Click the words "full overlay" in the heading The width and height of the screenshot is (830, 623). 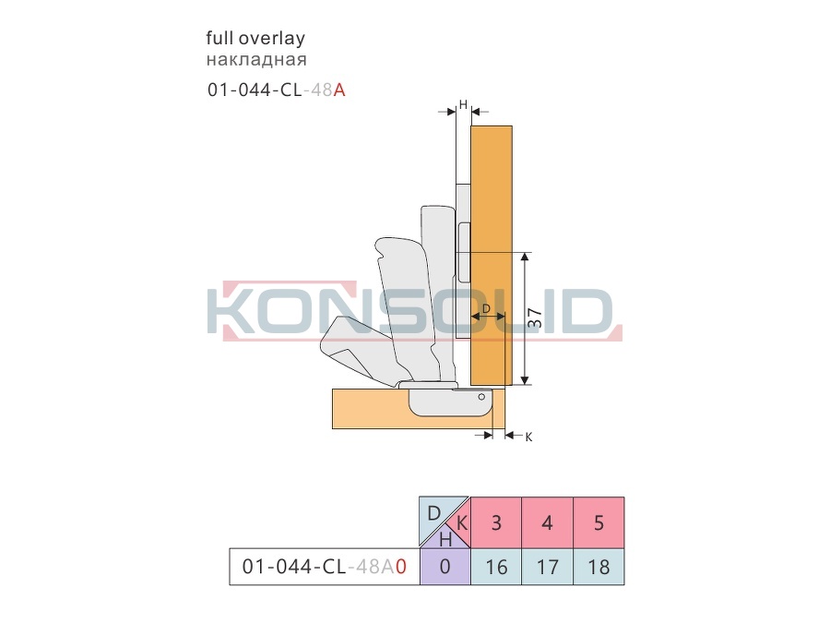pyautogui.click(x=255, y=38)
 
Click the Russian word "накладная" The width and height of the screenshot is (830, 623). pyautogui.click(x=256, y=59)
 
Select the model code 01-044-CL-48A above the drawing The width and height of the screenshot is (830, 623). pyautogui.click(x=277, y=90)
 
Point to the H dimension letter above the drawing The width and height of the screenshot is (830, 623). pyautogui.click(x=463, y=105)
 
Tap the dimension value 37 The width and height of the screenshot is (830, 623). pyautogui.click(x=535, y=317)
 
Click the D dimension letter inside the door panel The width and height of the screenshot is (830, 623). pyautogui.click(x=486, y=308)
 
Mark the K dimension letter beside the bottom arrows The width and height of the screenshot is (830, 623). pyautogui.click(x=528, y=437)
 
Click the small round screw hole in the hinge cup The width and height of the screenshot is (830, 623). pyautogui.click(x=481, y=397)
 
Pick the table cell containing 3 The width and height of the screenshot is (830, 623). pyautogui.click(x=496, y=522)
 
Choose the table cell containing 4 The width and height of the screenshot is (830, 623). pyautogui.click(x=547, y=522)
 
